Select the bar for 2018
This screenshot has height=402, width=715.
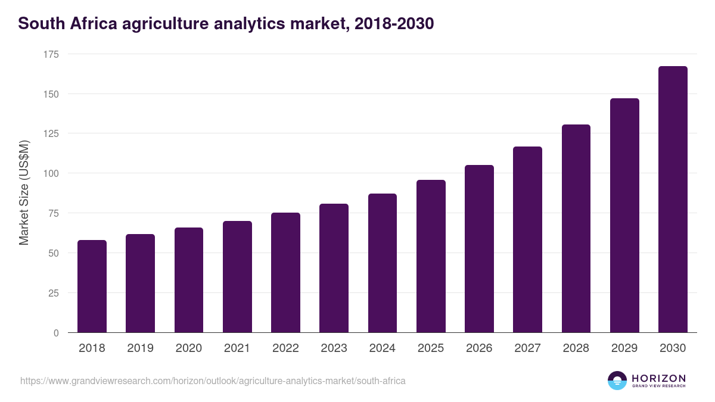click(x=92, y=286)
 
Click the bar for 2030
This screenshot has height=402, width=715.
click(x=673, y=200)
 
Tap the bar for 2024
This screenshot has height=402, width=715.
click(x=383, y=263)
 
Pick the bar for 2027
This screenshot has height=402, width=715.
click(x=527, y=239)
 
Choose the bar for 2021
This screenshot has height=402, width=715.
click(x=237, y=277)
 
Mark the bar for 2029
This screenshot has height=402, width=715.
click(x=624, y=216)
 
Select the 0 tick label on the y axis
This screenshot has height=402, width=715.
click(x=56, y=333)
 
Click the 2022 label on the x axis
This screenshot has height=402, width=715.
click(x=285, y=348)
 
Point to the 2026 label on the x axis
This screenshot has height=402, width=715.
click(x=479, y=348)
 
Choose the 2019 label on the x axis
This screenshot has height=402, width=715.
click(x=140, y=348)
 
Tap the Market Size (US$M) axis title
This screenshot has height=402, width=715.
click(x=24, y=193)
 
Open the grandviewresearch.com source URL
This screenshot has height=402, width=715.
click(x=213, y=381)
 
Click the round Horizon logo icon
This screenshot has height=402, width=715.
click(x=617, y=381)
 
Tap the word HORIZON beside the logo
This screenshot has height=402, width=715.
click(x=658, y=378)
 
